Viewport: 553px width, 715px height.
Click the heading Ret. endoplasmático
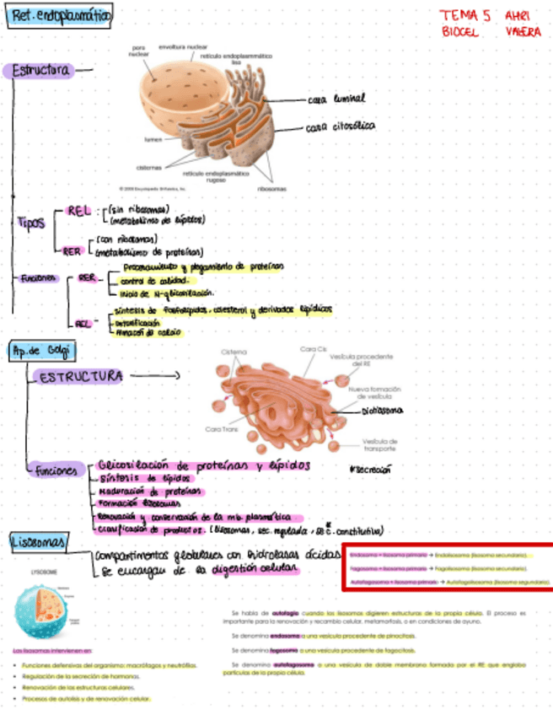coord(61,16)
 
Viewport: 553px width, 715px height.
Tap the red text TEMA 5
coord(465,15)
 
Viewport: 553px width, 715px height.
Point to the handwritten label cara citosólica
coord(341,128)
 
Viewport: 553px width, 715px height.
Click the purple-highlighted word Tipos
coord(31,223)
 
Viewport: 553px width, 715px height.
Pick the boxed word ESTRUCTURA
coord(81,376)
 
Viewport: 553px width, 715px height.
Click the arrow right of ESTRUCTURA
coord(156,376)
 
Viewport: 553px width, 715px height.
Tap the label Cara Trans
coord(221,429)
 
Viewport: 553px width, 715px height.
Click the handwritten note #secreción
coord(372,469)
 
